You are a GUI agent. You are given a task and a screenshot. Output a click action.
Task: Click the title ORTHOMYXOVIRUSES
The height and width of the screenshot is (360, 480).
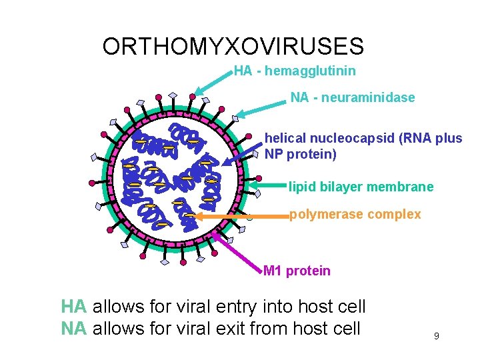click(233, 47)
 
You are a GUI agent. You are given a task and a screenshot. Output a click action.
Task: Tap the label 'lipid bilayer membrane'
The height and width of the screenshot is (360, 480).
click(361, 187)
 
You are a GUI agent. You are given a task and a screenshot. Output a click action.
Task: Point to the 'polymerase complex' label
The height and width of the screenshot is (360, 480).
click(355, 215)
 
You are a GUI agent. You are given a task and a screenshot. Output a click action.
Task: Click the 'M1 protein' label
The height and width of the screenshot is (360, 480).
click(297, 271)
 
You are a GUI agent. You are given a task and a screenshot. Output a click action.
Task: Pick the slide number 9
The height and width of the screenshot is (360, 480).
click(436, 336)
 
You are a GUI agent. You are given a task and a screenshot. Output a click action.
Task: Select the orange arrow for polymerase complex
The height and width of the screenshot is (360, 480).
click(240, 216)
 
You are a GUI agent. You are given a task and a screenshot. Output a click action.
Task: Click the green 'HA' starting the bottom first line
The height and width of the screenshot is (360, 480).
click(73, 307)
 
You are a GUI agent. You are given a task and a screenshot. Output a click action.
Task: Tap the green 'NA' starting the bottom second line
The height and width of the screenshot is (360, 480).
click(73, 329)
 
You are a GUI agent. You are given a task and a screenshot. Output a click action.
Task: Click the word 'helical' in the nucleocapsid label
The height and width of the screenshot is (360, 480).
click(284, 139)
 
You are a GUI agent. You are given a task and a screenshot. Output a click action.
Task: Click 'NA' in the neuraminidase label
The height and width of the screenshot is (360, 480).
click(299, 98)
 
